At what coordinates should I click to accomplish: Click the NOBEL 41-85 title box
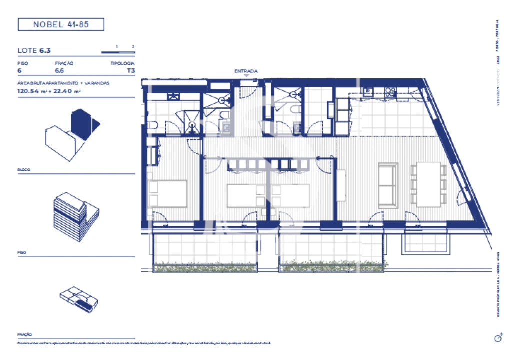point(61,24)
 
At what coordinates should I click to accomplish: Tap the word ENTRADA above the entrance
point(246,71)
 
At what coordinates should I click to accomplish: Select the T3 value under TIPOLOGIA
point(131,71)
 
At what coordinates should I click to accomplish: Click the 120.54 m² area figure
point(31,91)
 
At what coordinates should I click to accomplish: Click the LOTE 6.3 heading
point(34,50)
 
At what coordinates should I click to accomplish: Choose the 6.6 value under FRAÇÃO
point(59,71)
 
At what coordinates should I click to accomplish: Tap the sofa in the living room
point(387,185)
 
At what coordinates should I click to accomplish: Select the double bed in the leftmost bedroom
point(167,193)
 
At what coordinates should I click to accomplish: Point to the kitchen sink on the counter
point(369,91)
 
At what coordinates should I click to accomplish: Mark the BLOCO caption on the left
point(24,170)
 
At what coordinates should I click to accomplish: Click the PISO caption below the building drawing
point(22,253)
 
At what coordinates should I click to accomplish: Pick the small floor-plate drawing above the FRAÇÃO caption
point(79,300)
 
